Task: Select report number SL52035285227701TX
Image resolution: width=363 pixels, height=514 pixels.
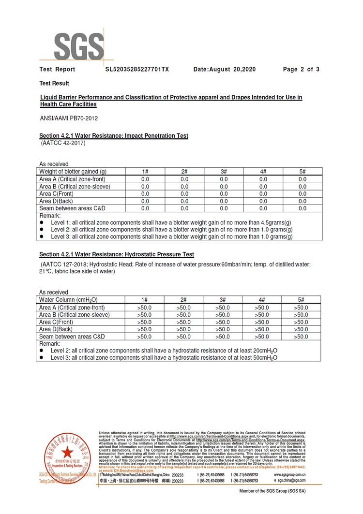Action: (137, 70)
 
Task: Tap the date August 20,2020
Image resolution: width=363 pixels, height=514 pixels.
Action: (224, 70)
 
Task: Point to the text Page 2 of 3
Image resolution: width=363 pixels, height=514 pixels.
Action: (301, 70)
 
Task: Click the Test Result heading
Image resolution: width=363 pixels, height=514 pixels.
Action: (54, 84)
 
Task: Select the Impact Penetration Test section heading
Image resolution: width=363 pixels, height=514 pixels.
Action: (113, 136)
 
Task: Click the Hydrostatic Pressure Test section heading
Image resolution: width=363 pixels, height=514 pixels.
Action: (116, 254)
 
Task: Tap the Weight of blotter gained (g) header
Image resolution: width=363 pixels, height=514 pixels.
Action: (73, 172)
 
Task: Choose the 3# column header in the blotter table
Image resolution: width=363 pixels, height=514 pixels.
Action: (224, 172)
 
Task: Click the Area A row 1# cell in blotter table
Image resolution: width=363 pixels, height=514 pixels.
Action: (145, 179)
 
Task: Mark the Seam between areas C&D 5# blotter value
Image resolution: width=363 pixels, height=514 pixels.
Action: (302, 208)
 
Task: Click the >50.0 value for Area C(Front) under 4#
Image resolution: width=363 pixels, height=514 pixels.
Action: (263, 322)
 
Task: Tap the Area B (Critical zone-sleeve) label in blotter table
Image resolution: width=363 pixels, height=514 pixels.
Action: (75, 187)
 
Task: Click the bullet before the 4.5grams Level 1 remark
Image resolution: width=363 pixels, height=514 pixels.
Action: (43, 222)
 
